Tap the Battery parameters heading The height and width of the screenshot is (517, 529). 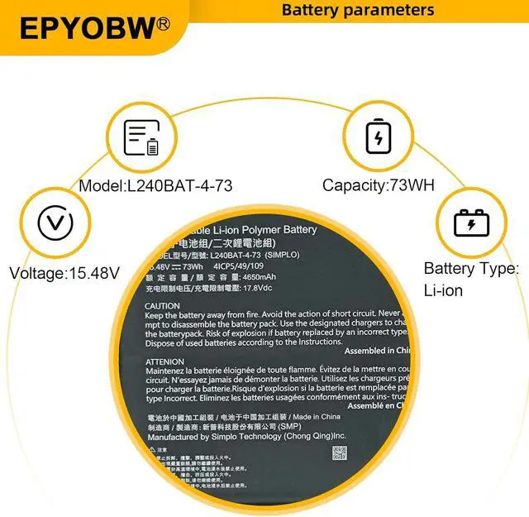[x=358, y=10]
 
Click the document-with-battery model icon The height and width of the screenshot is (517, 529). [x=141, y=138]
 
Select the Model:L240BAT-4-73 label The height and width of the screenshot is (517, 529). [x=155, y=185]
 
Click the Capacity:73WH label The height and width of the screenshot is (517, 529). [x=378, y=185]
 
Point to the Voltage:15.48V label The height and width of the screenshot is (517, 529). [x=64, y=272]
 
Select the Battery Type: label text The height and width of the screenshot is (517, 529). [x=471, y=269]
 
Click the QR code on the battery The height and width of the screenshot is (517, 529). [x=340, y=452]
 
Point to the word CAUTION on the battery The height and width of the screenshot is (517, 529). [x=162, y=306]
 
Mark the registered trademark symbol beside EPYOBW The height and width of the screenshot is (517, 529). [x=163, y=24]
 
